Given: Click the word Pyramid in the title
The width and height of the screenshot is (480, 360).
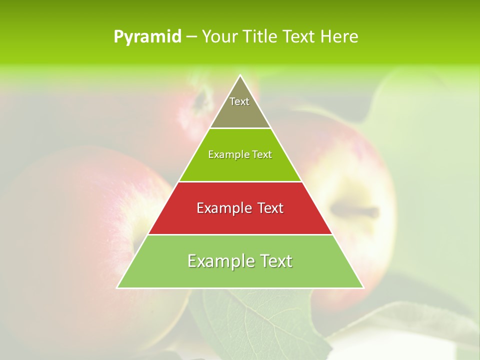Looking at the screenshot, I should (x=147, y=37).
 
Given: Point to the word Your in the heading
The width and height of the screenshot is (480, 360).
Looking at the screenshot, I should (x=219, y=37).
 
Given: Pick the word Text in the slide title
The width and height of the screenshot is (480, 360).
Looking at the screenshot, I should (x=299, y=37).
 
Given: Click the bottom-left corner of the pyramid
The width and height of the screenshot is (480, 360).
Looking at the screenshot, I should (x=117, y=287).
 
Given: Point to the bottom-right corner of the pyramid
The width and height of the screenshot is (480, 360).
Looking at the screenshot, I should (x=363, y=287).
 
